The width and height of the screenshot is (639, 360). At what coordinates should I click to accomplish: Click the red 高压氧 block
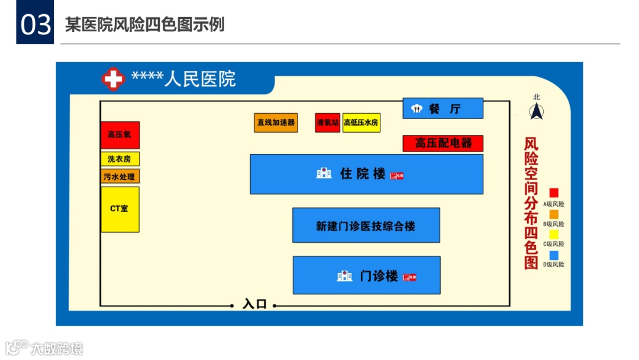(x=120, y=135)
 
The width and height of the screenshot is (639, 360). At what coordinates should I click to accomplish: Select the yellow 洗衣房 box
(x=120, y=159)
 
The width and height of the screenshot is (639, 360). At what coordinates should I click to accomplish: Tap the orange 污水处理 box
(x=120, y=176)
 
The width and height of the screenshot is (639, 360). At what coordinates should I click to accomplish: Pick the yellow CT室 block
(x=120, y=209)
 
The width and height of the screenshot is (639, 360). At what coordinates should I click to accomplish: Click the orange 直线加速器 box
(x=276, y=123)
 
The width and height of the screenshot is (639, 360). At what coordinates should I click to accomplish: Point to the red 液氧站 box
(x=327, y=123)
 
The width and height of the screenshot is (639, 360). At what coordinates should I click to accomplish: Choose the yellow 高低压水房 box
(x=362, y=123)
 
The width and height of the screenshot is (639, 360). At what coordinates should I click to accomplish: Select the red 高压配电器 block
(x=443, y=143)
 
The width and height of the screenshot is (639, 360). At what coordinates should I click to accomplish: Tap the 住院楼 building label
(x=363, y=173)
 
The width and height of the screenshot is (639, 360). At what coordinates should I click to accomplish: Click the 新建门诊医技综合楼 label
(x=366, y=226)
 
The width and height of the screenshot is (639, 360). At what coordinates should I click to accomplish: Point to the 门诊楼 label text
(x=379, y=276)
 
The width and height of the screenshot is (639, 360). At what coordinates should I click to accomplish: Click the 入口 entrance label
(x=254, y=304)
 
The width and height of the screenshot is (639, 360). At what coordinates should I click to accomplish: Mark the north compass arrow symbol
(x=537, y=111)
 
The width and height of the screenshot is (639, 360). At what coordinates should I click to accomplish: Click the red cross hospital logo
(x=113, y=79)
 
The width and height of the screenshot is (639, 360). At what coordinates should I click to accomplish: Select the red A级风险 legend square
(x=554, y=193)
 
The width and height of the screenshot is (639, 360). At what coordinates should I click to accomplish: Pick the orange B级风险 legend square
(x=554, y=214)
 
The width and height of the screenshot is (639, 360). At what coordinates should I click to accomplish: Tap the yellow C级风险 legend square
(x=554, y=234)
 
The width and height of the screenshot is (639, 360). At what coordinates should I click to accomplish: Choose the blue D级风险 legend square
(x=554, y=255)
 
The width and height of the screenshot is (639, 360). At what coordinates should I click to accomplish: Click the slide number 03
(x=35, y=25)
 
